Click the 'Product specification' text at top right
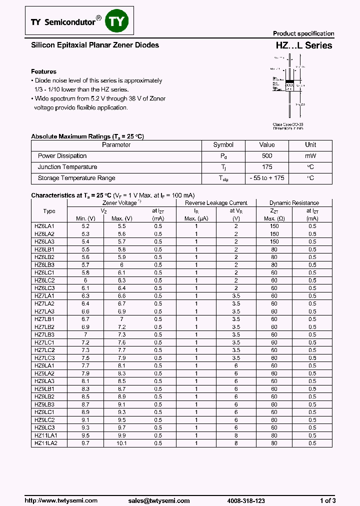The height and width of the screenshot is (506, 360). (303, 33)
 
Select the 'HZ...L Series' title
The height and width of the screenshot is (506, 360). (304, 45)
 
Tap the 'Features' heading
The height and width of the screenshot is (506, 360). (43, 71)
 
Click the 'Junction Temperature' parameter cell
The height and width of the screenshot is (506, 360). (67, 167)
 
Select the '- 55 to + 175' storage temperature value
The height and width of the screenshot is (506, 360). (266, 178)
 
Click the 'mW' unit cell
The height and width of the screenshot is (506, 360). (310, 156)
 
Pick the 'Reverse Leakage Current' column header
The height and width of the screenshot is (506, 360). (216, 203)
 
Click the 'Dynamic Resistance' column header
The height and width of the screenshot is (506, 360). (294, 203)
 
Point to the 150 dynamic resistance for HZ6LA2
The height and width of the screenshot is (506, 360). (274, 234)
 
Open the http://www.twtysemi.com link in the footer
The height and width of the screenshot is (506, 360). (61, 500)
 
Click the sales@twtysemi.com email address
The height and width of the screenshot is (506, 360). (158, 500)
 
